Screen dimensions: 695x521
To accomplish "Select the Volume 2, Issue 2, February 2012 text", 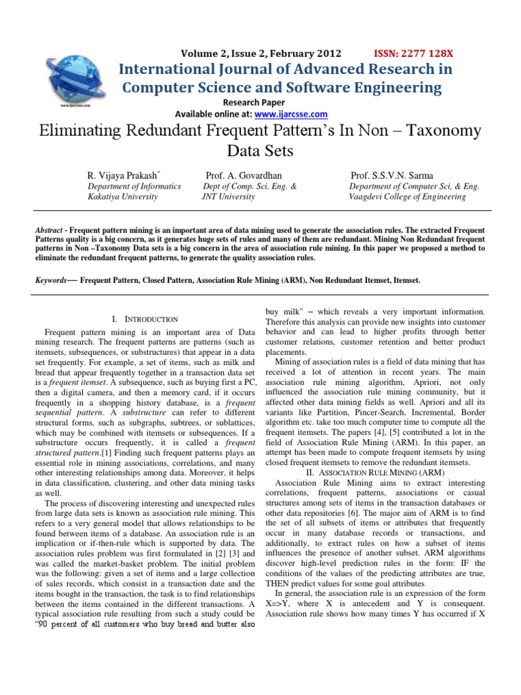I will (x=261, y=54).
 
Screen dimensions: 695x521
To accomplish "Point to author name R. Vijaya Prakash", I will (x=127, y=175).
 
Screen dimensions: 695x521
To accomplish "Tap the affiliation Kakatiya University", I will (x=123, y=197).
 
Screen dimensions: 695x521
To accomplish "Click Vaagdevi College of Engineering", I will (x=407, y=197).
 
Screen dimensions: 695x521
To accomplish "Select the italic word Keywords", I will (x=51, y=280).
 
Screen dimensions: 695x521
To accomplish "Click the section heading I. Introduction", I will (x=144, y=319).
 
